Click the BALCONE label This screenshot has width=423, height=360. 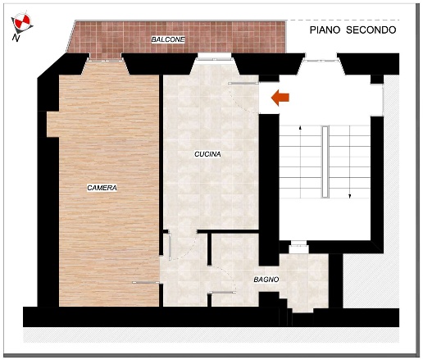[168, 39]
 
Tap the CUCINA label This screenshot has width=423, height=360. [207, 154]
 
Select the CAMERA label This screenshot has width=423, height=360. [102, 188]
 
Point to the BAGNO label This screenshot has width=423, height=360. [266, 280]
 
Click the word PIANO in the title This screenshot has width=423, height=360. [325, 30]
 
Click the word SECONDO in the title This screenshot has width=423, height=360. [371, 30]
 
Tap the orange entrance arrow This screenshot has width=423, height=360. [280, 98]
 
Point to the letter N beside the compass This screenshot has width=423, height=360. [16, 38]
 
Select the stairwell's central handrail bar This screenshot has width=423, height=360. [325, 162]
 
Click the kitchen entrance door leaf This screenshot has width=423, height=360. [243, 83]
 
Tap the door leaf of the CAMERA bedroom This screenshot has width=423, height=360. [146, 282]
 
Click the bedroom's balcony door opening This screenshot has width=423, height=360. [105, 60]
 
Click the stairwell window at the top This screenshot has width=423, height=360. [321, 57]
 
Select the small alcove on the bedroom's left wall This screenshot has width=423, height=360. [53, 124]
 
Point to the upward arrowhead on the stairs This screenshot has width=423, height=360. [301, 127]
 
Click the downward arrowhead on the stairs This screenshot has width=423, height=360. [349, 196]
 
